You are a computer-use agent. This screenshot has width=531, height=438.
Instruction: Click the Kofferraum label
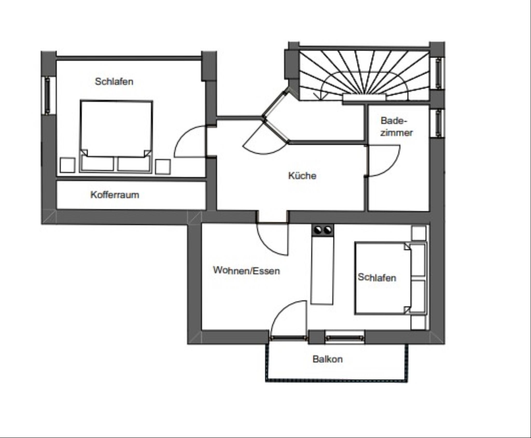[x=115, y=195]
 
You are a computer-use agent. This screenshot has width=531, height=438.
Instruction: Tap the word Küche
[x=302, y=176]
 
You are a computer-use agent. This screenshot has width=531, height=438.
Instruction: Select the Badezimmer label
[x=396, y=127]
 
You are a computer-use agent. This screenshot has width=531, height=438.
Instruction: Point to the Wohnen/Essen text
[x=247, y=270]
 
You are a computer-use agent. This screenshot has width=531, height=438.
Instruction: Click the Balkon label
[x=327, y=359]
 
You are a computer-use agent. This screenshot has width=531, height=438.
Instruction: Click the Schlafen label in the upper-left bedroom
[x=114, y=81]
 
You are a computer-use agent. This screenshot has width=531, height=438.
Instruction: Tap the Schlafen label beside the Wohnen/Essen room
[x=377, y=277]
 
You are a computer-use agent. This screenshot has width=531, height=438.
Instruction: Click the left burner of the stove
[x=318, y=230]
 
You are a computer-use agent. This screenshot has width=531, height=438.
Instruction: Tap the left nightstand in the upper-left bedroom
[x=68, y=165]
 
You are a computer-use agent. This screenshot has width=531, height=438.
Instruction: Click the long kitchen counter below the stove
[x=322, y=270]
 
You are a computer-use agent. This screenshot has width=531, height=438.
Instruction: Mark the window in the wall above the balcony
[x=345, y=337]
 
